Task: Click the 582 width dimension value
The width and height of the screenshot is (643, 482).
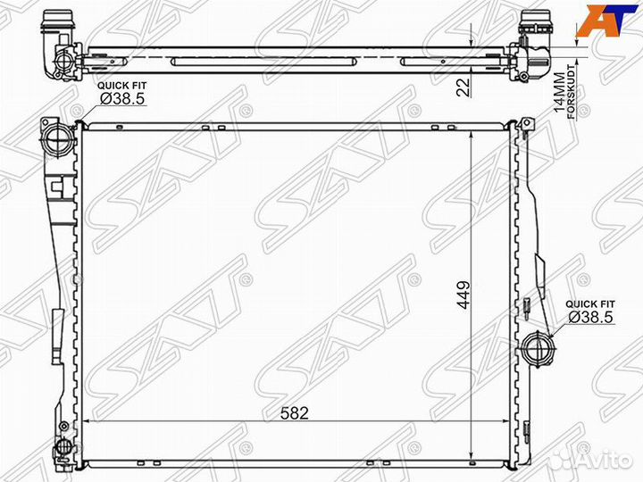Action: click(x=295, y=413)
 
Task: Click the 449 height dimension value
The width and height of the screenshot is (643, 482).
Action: click(x=463, y=295)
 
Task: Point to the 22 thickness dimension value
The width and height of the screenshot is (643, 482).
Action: click(x=463, y=87)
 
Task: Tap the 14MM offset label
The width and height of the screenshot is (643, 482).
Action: click(x=558, y=93)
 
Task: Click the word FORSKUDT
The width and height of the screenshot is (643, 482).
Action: click(x=572, y=92)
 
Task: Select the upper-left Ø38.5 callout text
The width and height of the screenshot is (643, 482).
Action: click(x=122, y=99)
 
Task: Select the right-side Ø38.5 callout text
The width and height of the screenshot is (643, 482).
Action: click(x=591, y=317)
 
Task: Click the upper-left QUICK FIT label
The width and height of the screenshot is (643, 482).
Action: click(x=121, y=86)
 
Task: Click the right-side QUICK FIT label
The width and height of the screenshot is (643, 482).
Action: click(x=590, y=304)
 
